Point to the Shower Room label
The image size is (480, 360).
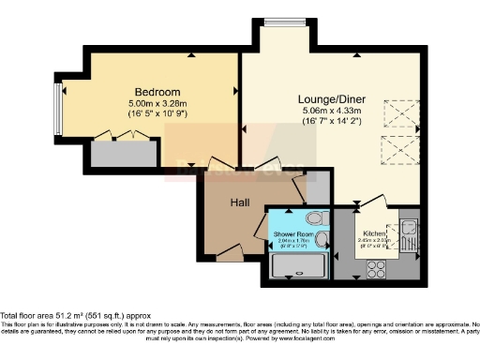click(292, 231)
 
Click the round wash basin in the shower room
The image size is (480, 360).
click(322, 240)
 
